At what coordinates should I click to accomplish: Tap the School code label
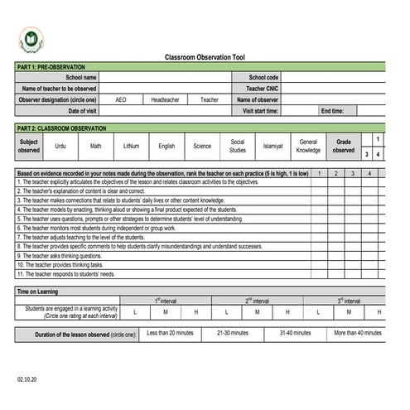click(x=263, y=77)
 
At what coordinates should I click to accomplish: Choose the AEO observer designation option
click(x=121, y=99)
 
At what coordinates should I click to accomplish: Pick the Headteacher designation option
click(x=165, y=99)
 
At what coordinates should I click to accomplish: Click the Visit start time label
click(x=261, y=110)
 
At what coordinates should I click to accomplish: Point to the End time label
click(x=332, y=110)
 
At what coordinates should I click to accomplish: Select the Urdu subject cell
click(x=60, y=146)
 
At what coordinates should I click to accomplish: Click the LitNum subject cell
click(x=130, y=146)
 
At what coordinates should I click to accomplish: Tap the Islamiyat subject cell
click(x=273, y=146)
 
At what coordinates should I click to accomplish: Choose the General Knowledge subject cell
click(x=308, y=146)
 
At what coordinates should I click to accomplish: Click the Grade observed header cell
click(x=344, y=146)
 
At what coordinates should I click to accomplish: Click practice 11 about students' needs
click(x=65, y=274)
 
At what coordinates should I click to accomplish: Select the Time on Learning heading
click(x=38, y=292)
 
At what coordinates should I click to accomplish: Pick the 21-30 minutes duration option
click(x=233, y=333)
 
